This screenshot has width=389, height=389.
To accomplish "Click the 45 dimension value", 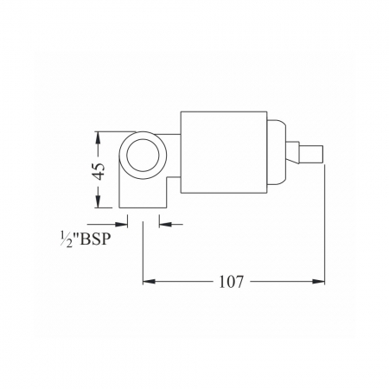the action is [99, 172].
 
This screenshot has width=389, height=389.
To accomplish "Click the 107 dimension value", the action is [232, 282].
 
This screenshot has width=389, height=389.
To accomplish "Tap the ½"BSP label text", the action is [86, 239].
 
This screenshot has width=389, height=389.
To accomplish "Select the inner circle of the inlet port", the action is [143, 156].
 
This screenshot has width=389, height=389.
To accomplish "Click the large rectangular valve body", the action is [224, 152].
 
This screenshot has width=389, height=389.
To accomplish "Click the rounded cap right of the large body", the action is [277, 152].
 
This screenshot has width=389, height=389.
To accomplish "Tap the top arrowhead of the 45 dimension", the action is [98, 137].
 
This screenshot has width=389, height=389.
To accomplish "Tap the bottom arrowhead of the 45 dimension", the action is [98, 201].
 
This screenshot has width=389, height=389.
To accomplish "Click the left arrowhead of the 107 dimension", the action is [149, 281].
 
